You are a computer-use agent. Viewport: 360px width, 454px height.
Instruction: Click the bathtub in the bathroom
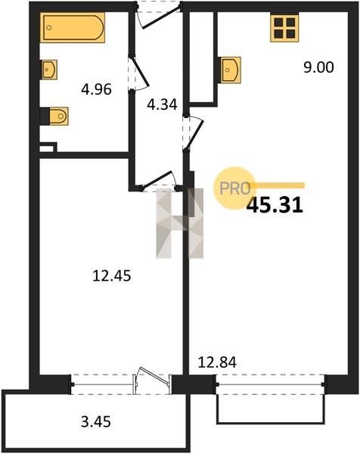[x=73, y=27]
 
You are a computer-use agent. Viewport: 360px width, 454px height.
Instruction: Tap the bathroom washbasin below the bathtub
[x=49, y=70]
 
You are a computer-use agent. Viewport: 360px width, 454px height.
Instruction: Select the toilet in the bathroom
[x=59, y=116]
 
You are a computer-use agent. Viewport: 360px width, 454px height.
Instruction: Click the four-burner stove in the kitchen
[x=284, y=28]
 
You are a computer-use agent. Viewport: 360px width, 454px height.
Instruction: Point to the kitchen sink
[x=231, y=70]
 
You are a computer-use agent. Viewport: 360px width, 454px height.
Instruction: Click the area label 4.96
[x=96, y=89]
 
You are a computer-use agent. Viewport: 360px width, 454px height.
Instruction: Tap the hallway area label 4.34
[x=162, y=104]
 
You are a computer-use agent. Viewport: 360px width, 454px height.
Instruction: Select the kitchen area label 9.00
[x=318, y=67]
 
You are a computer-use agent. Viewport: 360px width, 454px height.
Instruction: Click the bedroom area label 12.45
[x=112, y=275]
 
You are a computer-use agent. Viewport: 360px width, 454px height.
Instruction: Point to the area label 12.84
[x=217, y=362]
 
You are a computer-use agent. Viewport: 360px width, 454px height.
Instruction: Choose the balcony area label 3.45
[x=96, y=421]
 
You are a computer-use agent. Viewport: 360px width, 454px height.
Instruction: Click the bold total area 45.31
[x=275, y=205]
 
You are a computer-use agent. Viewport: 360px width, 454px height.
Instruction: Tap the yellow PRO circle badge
[x=234, y=188]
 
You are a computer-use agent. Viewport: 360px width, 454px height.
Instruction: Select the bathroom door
[x=139, y=74]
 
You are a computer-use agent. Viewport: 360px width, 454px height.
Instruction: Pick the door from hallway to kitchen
[x=194, y=133]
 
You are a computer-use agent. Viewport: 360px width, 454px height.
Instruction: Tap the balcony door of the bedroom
[x=152, y=380]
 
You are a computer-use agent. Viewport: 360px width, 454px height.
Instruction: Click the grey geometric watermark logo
[x=180, y=223]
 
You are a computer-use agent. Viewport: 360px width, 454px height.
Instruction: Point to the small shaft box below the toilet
[x=47, y=148]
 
